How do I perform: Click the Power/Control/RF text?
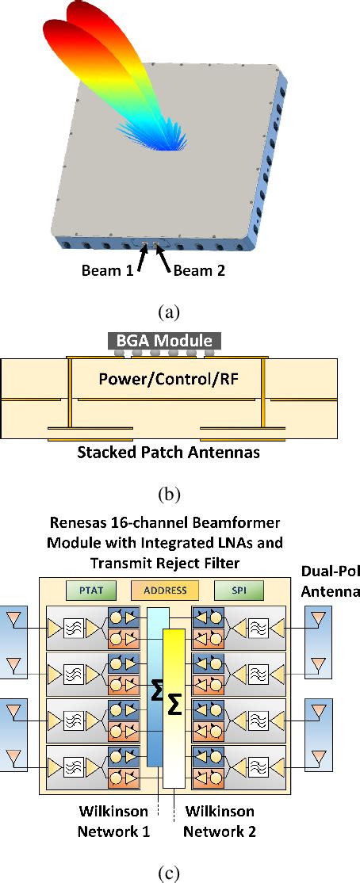point(168,379)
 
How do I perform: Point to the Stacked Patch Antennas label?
point(169,453)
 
